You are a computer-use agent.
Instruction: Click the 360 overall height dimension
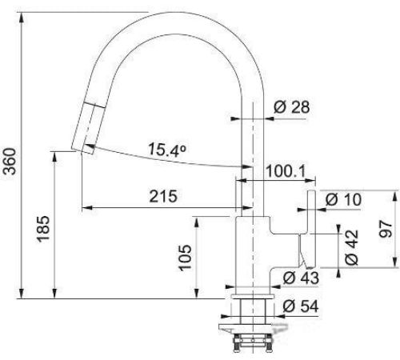coord(10,162)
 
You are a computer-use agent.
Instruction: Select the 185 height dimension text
coord(43,230)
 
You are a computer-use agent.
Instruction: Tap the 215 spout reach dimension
coord(163,196)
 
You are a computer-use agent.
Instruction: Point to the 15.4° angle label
coord(166,150)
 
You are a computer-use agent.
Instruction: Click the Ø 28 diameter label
coord(292,107)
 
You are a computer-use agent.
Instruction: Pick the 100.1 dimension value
coord(286,171)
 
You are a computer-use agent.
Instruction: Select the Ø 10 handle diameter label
coord(343,199)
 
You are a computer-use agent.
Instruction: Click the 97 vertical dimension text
coord(386,229)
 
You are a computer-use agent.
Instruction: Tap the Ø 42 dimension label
coord(351,247)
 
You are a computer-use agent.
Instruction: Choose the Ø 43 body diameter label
coord(301,278)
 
